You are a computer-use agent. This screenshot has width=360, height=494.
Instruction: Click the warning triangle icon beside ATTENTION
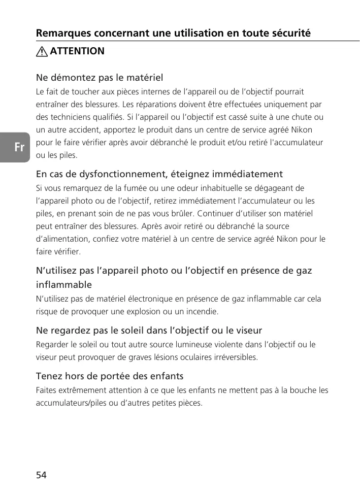42,51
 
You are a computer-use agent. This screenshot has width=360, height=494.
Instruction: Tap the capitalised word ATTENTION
77,51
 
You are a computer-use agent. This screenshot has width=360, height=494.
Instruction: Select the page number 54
41,475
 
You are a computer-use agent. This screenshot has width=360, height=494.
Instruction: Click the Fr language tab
19,147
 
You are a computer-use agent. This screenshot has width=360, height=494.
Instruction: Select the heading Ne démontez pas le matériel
100,78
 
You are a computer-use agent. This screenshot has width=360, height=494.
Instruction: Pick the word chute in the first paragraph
299,117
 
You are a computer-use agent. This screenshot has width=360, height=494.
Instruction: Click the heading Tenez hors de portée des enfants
110,377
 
